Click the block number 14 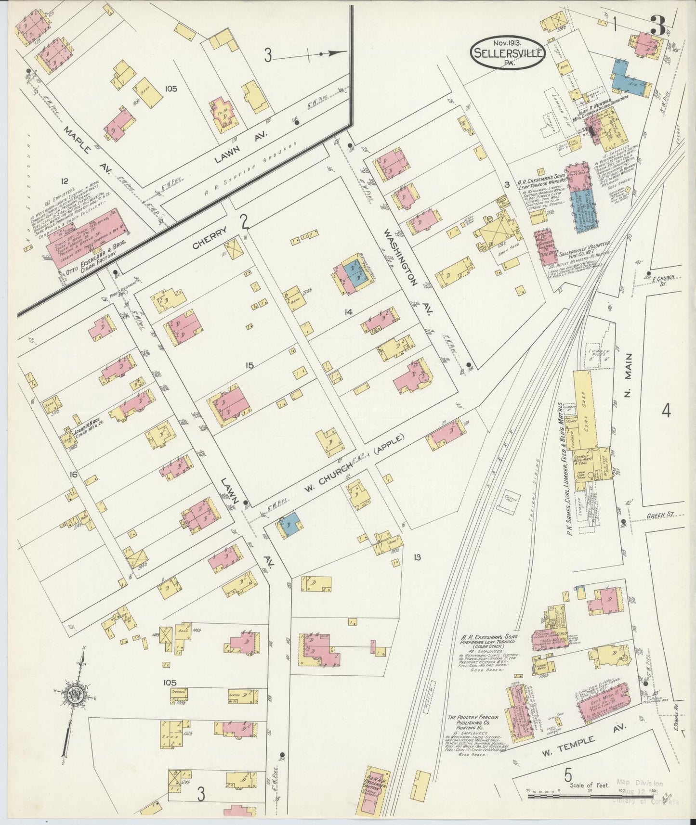348,312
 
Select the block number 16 73,476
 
